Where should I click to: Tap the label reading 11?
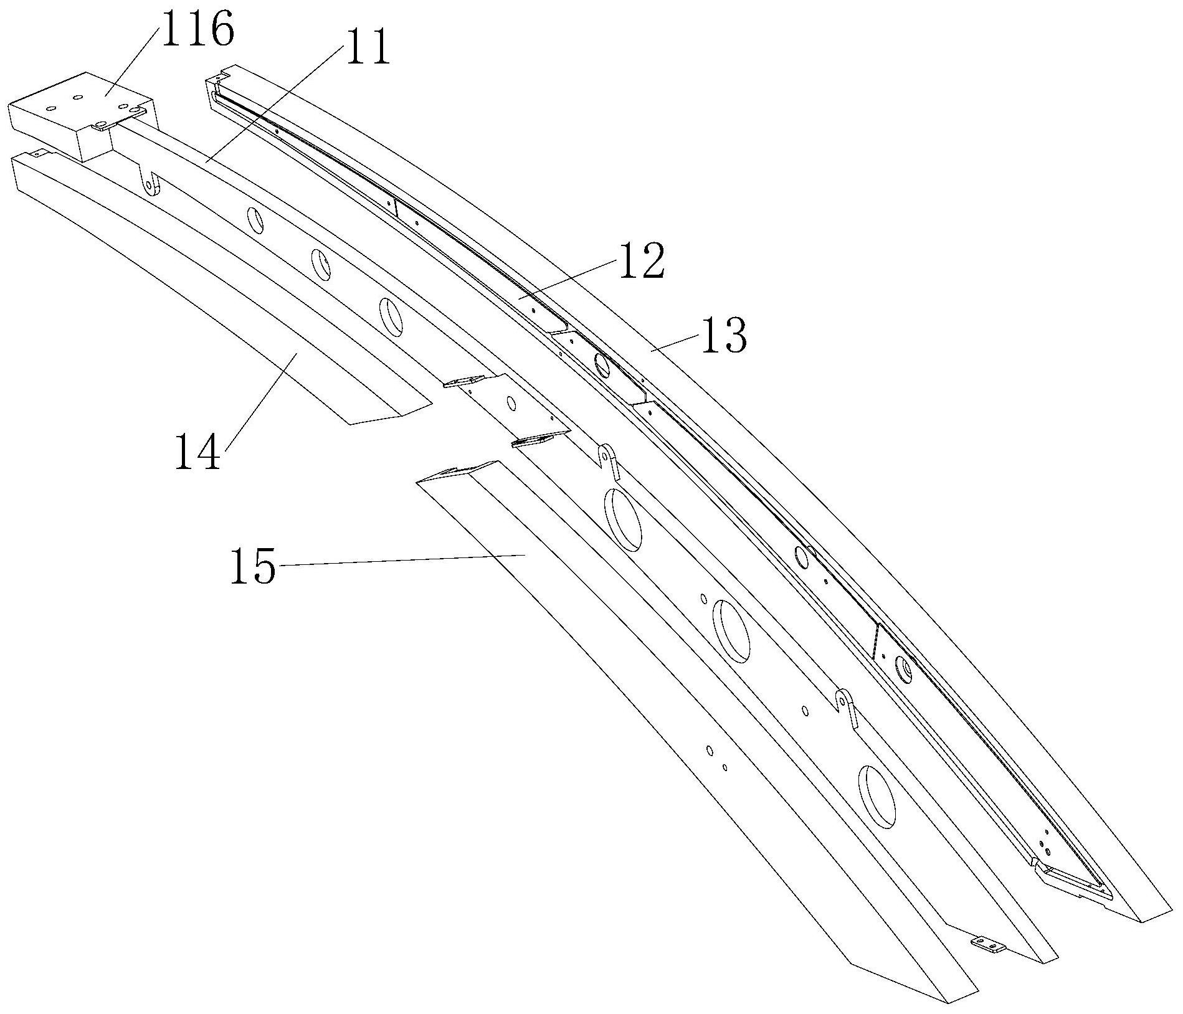[x=367, y=47]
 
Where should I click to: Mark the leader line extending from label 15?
[x=399, y=559]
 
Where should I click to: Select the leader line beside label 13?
[x=677, y=343]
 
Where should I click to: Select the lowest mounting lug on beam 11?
[x=845, y=707]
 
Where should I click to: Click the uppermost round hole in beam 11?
[x=256, y=220]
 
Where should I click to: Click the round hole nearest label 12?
[x=602, y=365]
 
